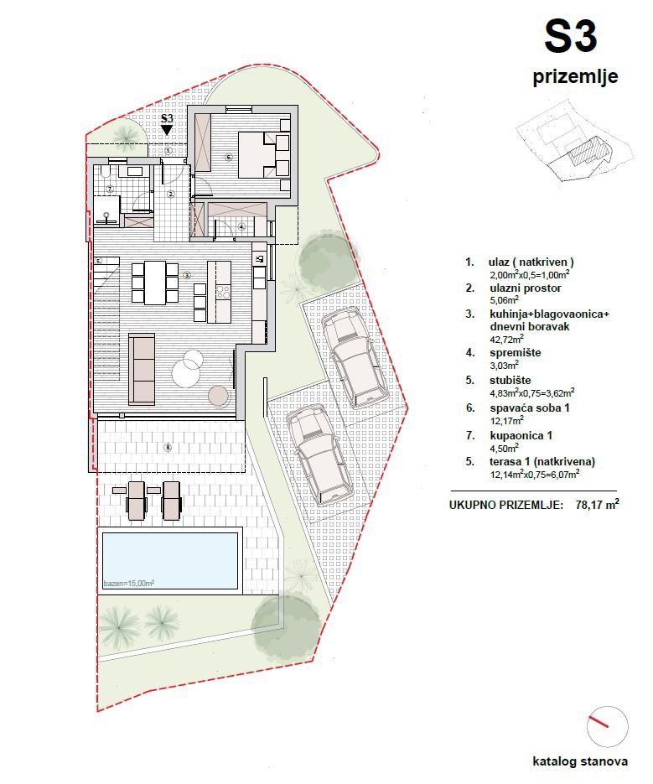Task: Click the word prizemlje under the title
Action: [575, 77]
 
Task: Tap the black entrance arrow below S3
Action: [167, 131]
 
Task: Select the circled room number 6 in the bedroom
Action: [227, 157]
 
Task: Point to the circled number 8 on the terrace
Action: [168, 448]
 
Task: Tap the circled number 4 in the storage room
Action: [241, 226]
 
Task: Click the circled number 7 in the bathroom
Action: [109, 189]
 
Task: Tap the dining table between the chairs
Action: [155, 283]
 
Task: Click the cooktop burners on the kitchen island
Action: [223, 293]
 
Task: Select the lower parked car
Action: [314, 454]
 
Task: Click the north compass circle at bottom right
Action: [607, 725]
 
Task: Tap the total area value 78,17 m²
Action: [597, 506]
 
